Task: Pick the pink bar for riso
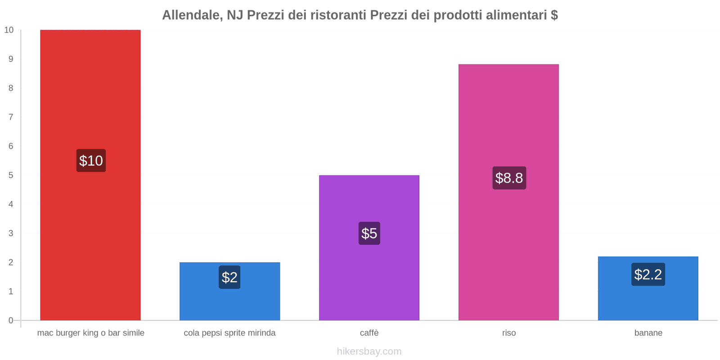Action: (508, 112)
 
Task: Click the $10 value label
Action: (91, 161)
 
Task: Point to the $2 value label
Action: (229, 277)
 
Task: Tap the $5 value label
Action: (369, 233)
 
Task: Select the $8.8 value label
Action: (509, 178)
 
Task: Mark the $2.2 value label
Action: (648, 274)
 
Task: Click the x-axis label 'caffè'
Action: (369, 333)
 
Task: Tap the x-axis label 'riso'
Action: (509, 333)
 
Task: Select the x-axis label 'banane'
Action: (648, 333)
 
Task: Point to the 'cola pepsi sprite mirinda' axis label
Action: (229, 333)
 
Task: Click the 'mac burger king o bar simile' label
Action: (90, 333)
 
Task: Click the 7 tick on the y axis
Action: (11, 117)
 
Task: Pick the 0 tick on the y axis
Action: (11, 320)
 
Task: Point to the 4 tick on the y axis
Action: (11, 204)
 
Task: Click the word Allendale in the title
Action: (191, 15)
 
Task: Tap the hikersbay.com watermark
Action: (369, 351)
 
